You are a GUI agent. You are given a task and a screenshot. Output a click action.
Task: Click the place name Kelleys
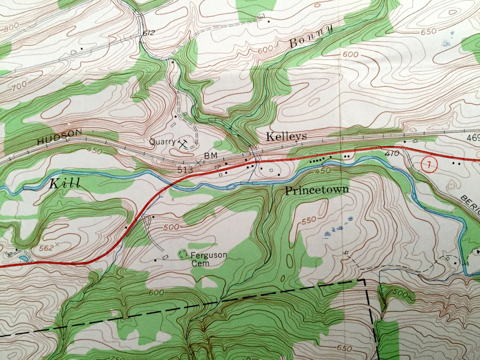click(286, 136)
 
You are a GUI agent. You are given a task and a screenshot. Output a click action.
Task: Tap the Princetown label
click(317, 190)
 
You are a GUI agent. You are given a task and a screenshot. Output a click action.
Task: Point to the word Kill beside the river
click(65, 184)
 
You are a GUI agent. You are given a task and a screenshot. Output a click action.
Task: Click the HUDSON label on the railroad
click(59, 137)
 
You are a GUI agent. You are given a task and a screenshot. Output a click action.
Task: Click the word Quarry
click(162, 142)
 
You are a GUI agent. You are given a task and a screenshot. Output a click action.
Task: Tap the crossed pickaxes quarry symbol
click(182, 144)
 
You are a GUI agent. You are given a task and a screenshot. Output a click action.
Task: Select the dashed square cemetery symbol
click(183, 255)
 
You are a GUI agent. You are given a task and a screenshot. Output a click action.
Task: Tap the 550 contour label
click(309, 221)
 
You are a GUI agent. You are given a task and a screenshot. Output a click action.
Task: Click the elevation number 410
click(392, 154)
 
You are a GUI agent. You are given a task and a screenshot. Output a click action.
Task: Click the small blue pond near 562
click(23, 258)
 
